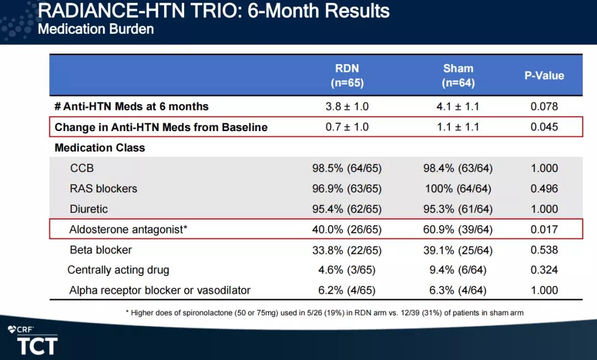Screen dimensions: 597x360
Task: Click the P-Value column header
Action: point(544,75)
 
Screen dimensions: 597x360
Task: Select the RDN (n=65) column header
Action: point(347,75)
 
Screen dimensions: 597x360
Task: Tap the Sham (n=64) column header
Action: point(458,75)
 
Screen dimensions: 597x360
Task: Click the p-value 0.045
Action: point(544,127)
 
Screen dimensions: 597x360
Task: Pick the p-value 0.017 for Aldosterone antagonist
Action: point(544,229)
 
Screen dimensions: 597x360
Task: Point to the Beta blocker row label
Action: point(101,250)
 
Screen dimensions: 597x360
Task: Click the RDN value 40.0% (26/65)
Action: point(347,229)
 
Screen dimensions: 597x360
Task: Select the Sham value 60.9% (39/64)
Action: point(458,229)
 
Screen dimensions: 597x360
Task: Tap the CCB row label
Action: point(82,168)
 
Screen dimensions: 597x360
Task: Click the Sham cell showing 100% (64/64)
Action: point(458,189)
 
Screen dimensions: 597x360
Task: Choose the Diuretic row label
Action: point(88,209)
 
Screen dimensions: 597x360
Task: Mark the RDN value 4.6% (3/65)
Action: point(347,270)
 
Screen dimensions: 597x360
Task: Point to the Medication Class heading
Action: point(99,148)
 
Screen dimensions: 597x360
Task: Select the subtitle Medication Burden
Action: point(96,29)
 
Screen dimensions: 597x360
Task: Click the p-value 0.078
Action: point(544,106)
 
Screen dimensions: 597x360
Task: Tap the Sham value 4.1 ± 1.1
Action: point(458,106)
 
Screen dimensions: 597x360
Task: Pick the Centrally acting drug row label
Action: point(118,270)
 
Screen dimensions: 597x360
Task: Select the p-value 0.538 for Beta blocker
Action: point(544,250)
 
